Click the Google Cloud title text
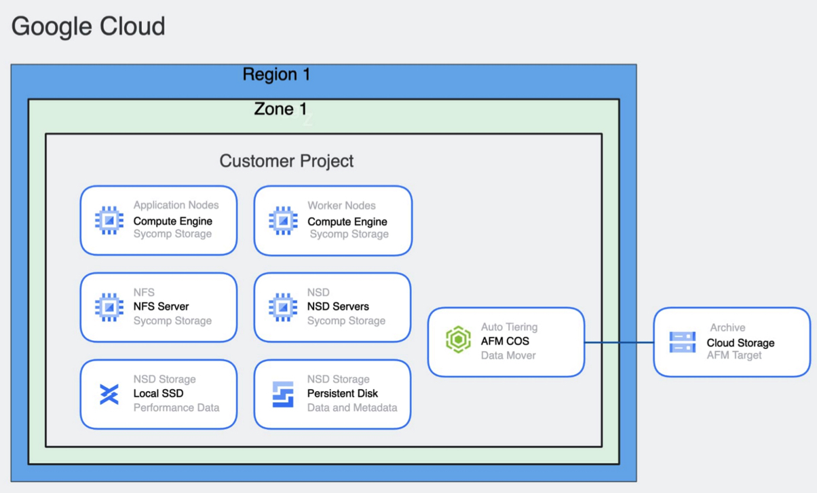tap(88, 26)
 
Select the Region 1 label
tap(276, 74)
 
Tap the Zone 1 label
tap(280, 109)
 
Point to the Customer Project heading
tap(286, 161)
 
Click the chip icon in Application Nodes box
tap(109, 221)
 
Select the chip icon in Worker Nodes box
tap(283, 221)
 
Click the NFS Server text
tap(161, 306)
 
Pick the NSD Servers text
tap(338, 306)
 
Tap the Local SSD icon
tap(109, 394)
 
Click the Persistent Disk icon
tap(283, 394)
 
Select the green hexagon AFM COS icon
tap(458, 340)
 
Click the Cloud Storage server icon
tap(682, 342)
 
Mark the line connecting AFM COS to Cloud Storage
tap(618, 342)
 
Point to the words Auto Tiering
tap(509, 327)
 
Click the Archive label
tap(727, 327)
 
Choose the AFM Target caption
tap(734, 355)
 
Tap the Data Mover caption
tap(508, 355)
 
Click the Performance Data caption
tap(176, 407)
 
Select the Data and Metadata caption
tap(352, 407)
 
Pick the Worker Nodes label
tap(341, 205)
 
